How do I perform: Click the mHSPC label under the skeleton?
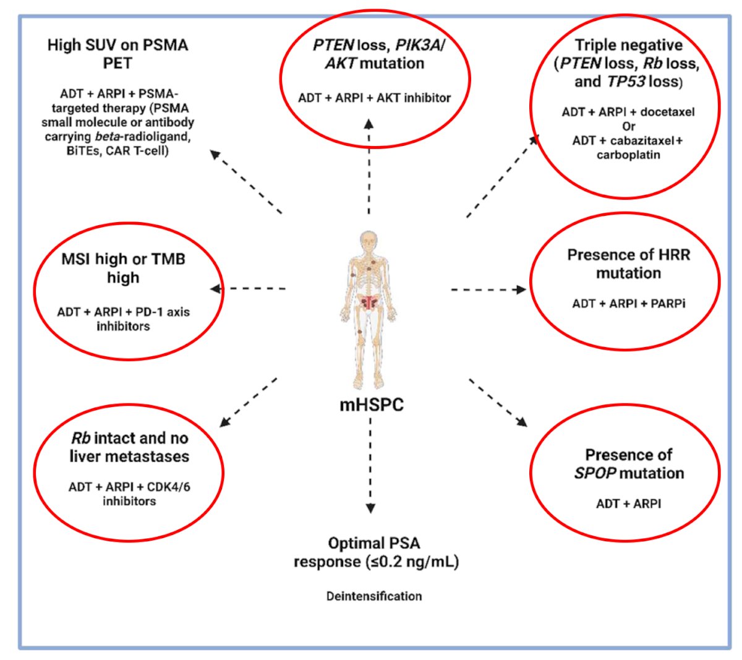coord(372,405)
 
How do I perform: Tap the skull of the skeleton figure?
coord(368,241)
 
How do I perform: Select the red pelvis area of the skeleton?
coord(369,302)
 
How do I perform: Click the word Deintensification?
coord(374,596)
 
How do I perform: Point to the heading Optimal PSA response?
coord(376,552)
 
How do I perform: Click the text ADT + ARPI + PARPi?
coord(628,304)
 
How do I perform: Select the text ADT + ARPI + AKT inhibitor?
coord(374,98)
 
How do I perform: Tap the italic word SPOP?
coord(595,473)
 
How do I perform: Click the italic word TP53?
coord(626,82)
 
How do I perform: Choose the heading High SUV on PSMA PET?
coord(117,54)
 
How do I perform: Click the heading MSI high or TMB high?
coord(124,268)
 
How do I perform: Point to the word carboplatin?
coord(628,155)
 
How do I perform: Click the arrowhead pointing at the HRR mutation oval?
coord(521,289)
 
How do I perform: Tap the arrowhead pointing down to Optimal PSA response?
coord(370,508)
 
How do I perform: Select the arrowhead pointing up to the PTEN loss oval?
coord(369,124)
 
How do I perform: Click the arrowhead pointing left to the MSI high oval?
coord(215,289)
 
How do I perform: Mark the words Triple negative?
coord(628,45)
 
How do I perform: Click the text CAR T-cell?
coord(137,150)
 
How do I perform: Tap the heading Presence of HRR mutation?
coord(628,264)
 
